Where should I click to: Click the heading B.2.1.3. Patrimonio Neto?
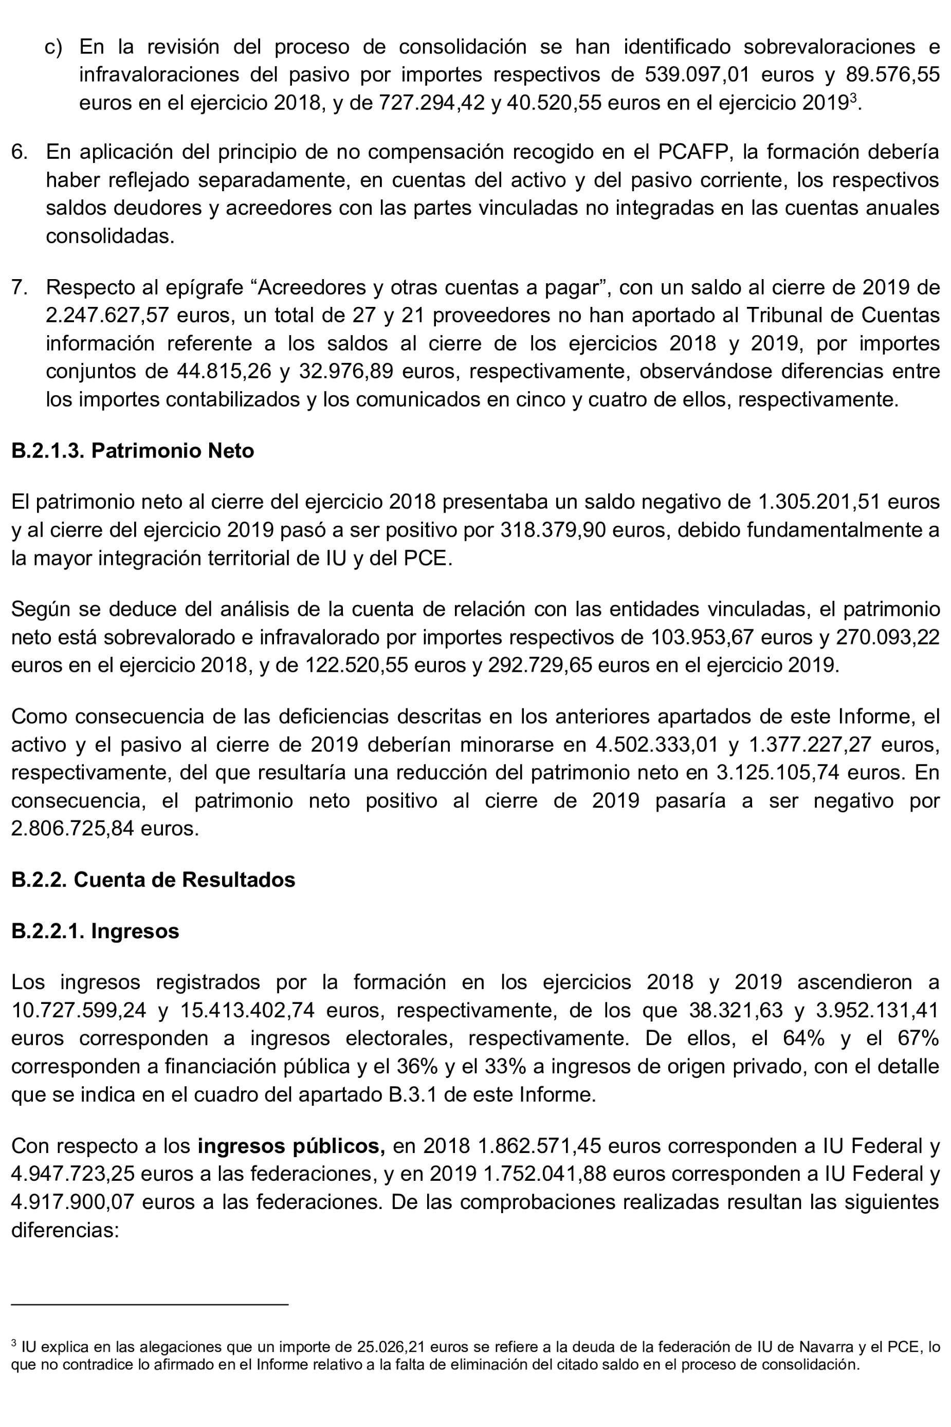point(132,451)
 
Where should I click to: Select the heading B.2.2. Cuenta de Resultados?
point(153,880)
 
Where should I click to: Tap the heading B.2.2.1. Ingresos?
point(95,931)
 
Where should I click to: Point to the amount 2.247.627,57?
point(106,315)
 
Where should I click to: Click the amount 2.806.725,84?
point(73,829)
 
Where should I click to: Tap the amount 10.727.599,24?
point(79,1010)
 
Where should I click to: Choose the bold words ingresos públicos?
point(291,1146)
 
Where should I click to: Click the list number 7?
point(20,287)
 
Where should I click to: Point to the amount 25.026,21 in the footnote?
point(382,1347)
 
